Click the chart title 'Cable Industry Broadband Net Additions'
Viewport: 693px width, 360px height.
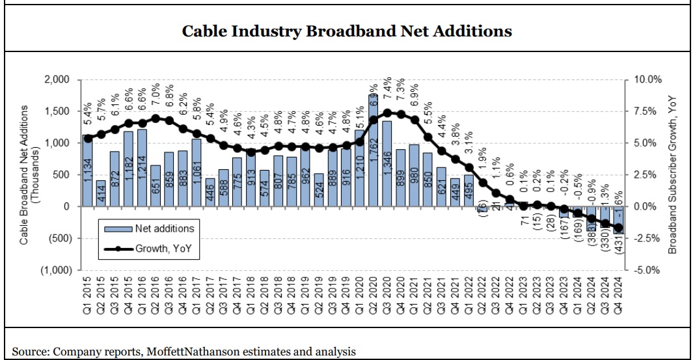346,31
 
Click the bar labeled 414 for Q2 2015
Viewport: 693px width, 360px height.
102,193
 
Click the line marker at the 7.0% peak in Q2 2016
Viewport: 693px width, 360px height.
156,118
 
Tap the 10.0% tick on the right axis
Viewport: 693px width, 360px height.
647,79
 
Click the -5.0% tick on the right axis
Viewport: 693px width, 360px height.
647,270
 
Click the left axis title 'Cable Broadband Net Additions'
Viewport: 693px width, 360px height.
24,175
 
